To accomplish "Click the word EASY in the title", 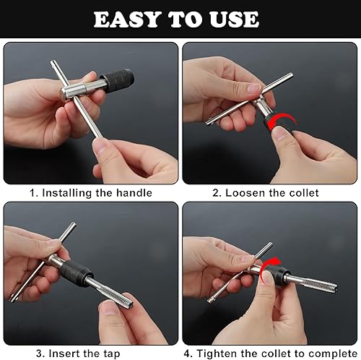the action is click(127, 20).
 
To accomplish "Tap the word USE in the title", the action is click(234, 20).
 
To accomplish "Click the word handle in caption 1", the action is click(134, 193).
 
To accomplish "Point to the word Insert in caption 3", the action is click(64, 353).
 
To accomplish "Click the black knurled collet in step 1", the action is click(118, 81).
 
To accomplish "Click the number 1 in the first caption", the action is click(32, 193).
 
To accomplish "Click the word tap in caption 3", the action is click(112, 354).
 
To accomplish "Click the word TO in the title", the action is click(185, 20).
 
